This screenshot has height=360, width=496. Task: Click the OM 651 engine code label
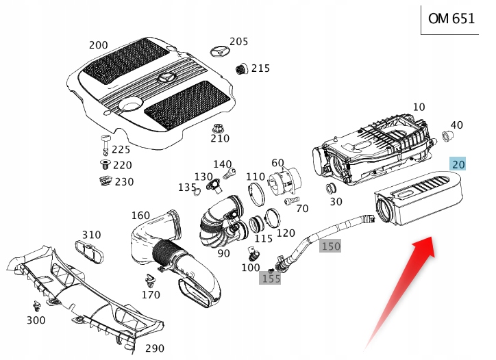[x=451, y=18]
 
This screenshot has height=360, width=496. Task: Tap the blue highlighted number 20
[x=458, y=164]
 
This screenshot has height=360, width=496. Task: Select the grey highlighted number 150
[x=330, y=246]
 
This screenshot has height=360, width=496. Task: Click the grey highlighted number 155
[x=271, y=279]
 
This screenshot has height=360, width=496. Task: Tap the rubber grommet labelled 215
[x=240, y=68]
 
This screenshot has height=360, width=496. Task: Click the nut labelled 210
[x=219, y=127]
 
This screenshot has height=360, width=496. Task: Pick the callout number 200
[x=98, y=45]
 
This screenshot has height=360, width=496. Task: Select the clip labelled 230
[x=105, y=181]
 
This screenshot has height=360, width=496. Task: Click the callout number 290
[x=155, y=348]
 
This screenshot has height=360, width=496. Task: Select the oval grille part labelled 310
[x=91, y=250]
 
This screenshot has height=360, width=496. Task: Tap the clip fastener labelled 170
[x=149, y=281]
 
